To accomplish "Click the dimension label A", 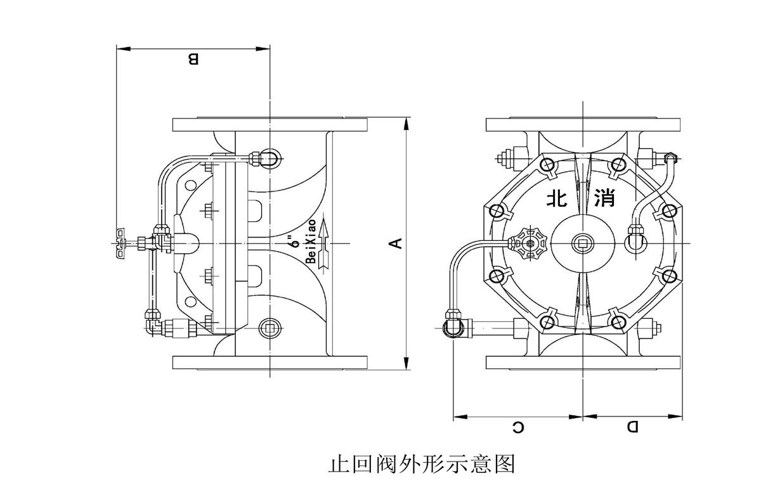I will coord(394,243).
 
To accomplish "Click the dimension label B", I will coord(193,60).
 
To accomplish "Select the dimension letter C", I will coord(518,427).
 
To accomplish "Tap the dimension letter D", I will coord(633,427).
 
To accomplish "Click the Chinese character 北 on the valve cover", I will coord(558,198).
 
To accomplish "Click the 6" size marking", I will coord(292,242).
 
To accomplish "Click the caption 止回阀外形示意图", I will coord(421,464).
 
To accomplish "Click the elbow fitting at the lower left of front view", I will coord(452,326).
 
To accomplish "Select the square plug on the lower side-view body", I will coord(270,327).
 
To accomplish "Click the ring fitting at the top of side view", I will coord(269,157).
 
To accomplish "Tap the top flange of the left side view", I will coord(271,125).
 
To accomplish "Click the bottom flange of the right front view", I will coord(583,362).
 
